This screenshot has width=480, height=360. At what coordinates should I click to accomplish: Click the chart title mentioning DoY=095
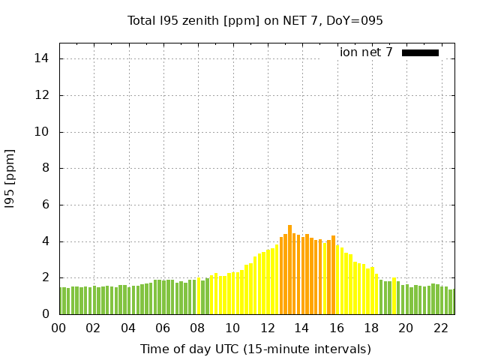[x=255, y=21]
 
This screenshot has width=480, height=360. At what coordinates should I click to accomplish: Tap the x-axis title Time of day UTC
[x=255, y=349]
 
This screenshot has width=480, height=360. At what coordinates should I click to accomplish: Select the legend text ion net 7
[x=366, y=52]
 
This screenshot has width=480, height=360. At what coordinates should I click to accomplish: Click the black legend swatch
[x=420, y=52]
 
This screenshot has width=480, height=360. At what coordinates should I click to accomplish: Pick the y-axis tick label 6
[x=46, y=205]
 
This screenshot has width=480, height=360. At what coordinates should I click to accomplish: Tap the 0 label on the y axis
[x=46, y=314]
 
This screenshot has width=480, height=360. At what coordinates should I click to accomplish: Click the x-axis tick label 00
[x=58, y=328]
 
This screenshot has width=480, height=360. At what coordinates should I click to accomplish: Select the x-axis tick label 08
[x=197, y=328]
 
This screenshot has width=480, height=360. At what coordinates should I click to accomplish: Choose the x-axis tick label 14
[x=301, y=328]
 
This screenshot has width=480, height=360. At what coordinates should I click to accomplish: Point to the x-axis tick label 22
[x=440, y=328]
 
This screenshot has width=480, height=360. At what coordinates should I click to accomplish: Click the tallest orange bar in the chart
[x=289, y=270]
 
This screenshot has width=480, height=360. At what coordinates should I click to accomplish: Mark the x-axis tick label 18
[x=371, y=328]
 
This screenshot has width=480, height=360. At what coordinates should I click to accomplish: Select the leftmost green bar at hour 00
[x=61, y=301]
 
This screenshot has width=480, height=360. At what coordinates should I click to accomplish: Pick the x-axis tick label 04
[x=128, y=328]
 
